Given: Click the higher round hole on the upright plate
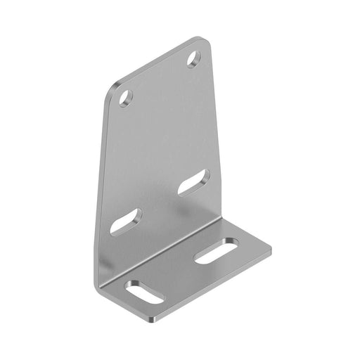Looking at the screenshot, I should coord(195,59).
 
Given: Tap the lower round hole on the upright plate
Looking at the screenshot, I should coord(126,96).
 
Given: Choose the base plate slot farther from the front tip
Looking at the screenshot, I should coord(216,251).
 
